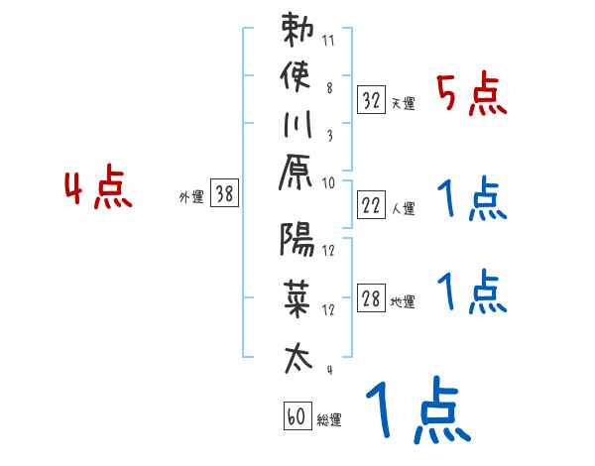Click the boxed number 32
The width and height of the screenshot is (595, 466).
click(372, 99)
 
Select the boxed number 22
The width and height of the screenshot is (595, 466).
click(372, 206)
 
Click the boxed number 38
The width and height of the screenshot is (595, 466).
click(224, 194)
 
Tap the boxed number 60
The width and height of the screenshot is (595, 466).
click(296, 416)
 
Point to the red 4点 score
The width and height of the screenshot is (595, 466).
click(97, 189)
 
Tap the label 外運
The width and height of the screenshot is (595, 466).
click(190, 197)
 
